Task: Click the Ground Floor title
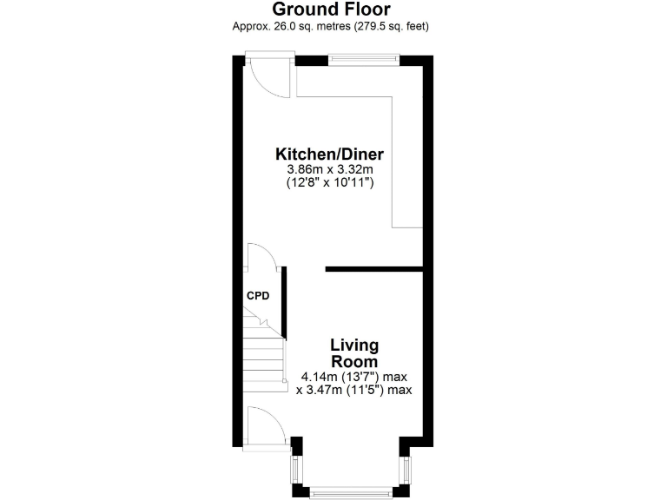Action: [x=331, y=10]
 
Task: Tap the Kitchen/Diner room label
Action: [x=329, y=154]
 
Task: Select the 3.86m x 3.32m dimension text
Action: [x=329, y=169]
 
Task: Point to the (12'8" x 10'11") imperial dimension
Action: [x=329, y=183]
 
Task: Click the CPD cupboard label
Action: [x=258, y=296]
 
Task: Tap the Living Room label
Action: [x=353, y=353]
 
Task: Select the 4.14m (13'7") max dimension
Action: [x=353, y=377]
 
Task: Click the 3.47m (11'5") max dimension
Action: [x=353, y=391]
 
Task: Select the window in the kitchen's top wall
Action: [x=363, y=60]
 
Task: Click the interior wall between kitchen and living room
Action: [x=374, y=269]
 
